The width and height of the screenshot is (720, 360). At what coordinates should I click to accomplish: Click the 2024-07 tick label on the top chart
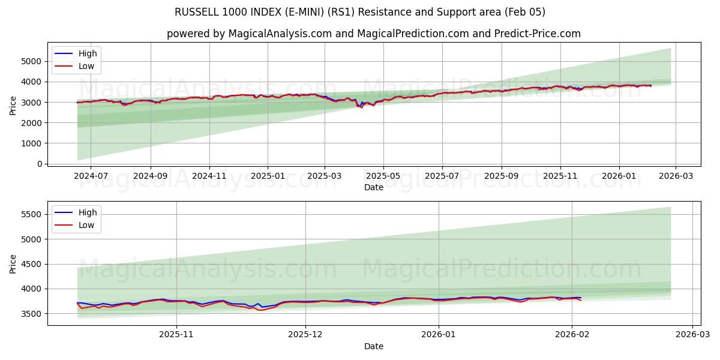91,176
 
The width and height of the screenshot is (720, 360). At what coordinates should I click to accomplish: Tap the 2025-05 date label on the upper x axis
383,176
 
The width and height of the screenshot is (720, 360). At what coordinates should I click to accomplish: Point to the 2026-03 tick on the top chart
676,176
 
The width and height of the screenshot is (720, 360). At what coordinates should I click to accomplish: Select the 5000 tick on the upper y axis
32,61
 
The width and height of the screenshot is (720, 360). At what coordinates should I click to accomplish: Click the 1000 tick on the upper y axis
32,143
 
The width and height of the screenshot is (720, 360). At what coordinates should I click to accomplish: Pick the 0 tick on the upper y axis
40,164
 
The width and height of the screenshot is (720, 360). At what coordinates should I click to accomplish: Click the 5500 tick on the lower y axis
32,214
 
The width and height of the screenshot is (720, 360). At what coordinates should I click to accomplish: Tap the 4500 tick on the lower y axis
32,264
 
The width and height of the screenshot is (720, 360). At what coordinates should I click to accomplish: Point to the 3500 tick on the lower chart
32,314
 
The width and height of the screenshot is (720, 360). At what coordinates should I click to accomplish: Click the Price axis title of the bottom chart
13,263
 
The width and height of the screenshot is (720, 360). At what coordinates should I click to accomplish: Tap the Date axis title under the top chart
373,187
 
